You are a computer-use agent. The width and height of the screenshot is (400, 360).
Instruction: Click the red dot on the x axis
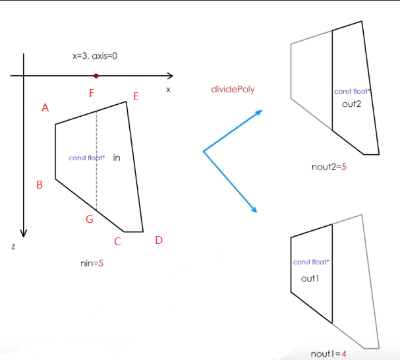(x=96, y=76)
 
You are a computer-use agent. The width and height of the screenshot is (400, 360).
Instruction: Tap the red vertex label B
(x=40, y=185)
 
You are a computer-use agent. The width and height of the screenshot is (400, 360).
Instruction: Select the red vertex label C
(x=117, y=241)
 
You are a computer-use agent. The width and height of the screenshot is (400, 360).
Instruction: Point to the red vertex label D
(x=159, y=240)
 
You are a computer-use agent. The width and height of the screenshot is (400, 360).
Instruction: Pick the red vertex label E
(x=136, y=97)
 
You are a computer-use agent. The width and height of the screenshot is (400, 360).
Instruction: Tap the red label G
(x=90, y=220)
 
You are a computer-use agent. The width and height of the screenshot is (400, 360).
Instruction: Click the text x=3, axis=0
(x=95, y=57)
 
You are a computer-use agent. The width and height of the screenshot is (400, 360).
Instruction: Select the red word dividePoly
(x=232, y=89)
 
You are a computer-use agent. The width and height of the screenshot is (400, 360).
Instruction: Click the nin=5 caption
(x=92, y=264)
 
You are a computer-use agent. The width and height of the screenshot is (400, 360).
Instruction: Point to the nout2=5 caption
(x=329, y=167)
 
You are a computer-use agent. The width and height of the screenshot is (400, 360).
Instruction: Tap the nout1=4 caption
(x=328, y=354)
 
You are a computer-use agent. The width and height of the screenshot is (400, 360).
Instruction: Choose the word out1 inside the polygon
(x=310, y=279)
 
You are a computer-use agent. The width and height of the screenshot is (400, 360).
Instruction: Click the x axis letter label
(x=169, y=89)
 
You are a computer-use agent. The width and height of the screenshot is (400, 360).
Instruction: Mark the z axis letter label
(x=13, y=247)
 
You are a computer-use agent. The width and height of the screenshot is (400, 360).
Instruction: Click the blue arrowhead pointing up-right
(x=258, y=112)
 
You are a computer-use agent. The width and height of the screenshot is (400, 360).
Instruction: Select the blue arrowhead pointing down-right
(x=253, y=210)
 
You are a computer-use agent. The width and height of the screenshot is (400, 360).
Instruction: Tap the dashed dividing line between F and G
(x=97, y=165)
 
